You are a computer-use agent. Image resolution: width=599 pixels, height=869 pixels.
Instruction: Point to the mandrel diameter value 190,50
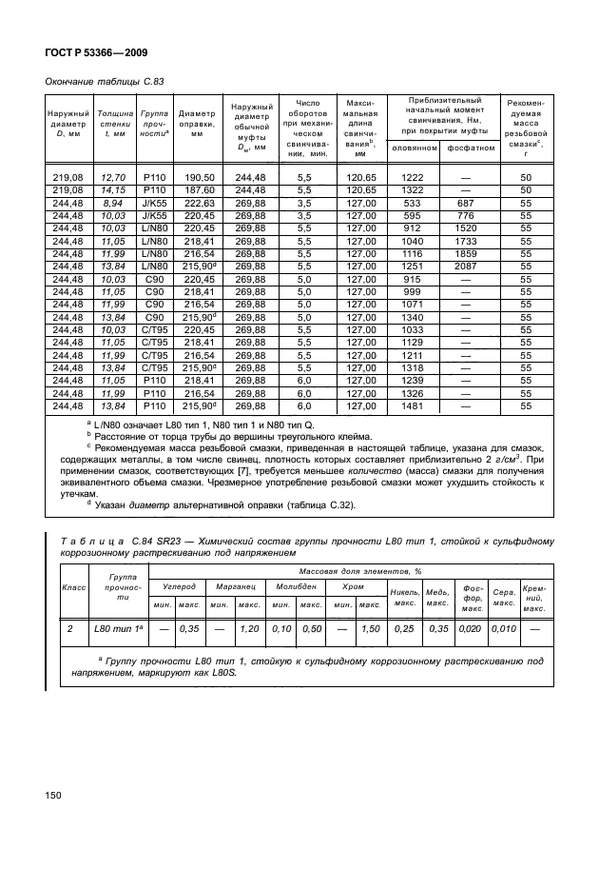click(199, 178)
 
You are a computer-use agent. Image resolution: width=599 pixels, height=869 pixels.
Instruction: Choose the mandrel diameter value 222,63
click(199, 204)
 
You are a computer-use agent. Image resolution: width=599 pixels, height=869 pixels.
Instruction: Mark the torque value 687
click(466, 204)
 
